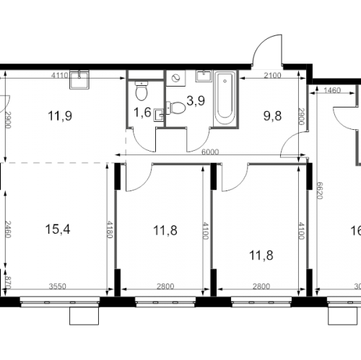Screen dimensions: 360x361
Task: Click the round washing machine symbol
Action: (x=176, y=79)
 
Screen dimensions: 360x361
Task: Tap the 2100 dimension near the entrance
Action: (x=271, y=76)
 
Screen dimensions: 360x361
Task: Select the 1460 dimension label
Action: (x=332, y=91)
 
